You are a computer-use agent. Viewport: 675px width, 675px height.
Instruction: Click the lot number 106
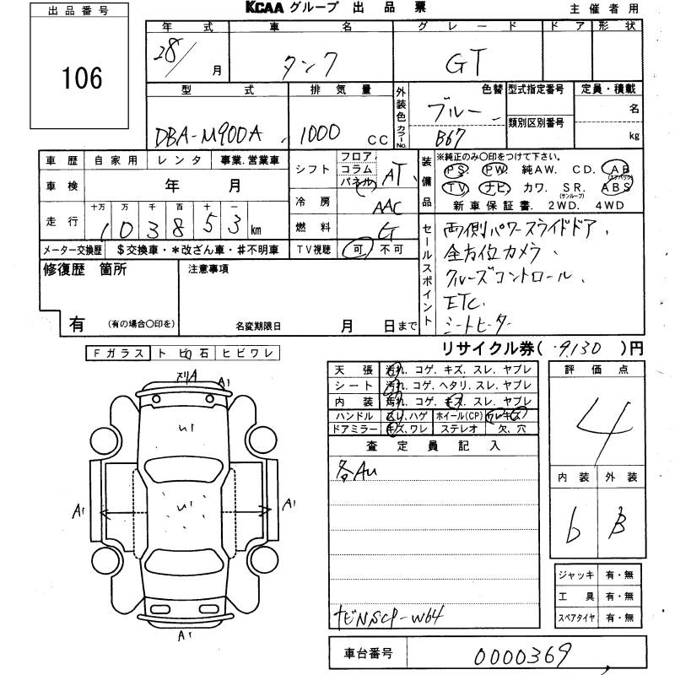[82, 79]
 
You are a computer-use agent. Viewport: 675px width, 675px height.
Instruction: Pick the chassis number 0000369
[523, 653]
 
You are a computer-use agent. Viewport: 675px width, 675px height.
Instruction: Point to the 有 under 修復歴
[77, 323]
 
